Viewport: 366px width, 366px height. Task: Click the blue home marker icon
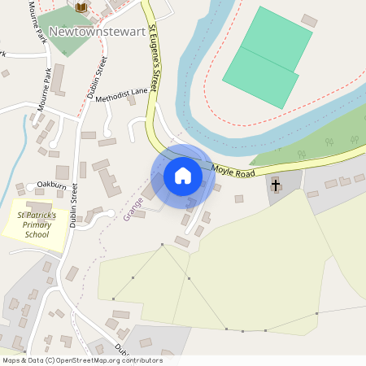point(183,175)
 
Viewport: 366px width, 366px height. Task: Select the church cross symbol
point(275,185)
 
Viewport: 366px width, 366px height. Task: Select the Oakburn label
point(50,185)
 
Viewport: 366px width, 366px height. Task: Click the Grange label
point(128,208)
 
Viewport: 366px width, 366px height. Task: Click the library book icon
point(81,7)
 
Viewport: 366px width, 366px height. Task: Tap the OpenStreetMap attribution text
point(82,360)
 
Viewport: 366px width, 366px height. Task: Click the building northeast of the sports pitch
point(309,20)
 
